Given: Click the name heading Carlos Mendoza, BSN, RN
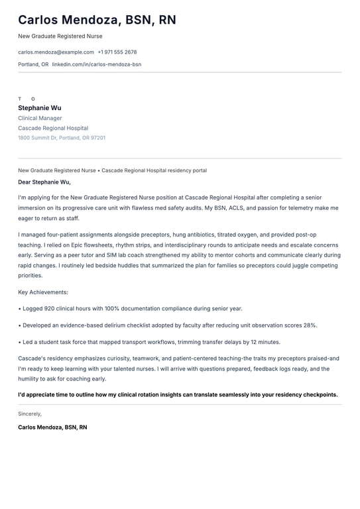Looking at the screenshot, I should (97, 20).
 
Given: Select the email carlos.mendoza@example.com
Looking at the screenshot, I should (56, 52).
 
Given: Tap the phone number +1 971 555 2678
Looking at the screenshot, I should (117, 52).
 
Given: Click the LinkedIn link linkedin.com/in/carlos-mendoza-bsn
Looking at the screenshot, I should (97, 64).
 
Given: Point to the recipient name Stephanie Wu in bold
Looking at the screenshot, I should (40, 107).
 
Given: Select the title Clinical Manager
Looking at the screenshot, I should (40, 118).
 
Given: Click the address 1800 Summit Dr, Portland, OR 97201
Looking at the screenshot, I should (62, 138).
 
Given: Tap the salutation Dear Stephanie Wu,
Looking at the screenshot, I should (44, 182).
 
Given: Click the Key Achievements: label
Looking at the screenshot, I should (43, 292).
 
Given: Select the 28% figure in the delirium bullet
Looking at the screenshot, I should (310, 325).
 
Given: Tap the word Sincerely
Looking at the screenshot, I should (30, 414).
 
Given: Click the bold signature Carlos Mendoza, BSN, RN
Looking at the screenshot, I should (52, 427).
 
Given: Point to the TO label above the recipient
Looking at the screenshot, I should (27, 99).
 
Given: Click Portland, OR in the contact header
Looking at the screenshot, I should (33, 64).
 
